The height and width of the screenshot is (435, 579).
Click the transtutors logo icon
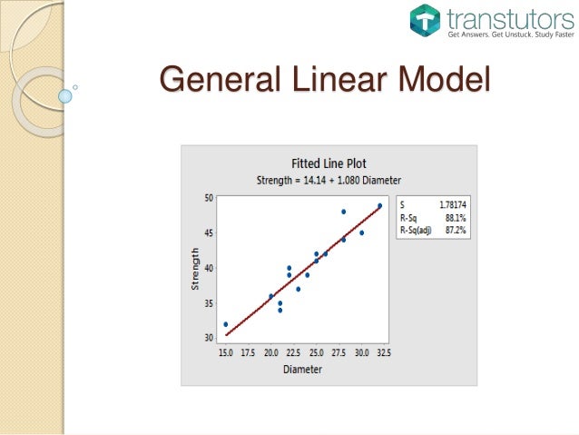[425, 20]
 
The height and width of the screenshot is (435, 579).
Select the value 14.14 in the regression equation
[309, 179]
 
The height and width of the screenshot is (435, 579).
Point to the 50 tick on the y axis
[208, 197]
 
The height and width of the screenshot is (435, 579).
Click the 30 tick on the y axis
[208, 338]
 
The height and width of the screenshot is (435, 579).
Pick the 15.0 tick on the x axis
[225, 352]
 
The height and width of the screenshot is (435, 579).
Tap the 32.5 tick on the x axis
[383, 352]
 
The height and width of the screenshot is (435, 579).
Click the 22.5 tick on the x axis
[293, 352]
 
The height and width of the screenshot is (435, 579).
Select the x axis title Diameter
[302, 369]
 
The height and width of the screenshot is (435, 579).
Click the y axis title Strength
[194, 270]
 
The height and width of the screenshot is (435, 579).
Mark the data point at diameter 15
[225, 324]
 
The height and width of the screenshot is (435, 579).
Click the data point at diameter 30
[361, 232]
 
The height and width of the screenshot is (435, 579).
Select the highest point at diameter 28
[343, 212]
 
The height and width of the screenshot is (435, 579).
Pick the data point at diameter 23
[298, 289]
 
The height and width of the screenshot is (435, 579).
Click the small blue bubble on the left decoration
[64, 94]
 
